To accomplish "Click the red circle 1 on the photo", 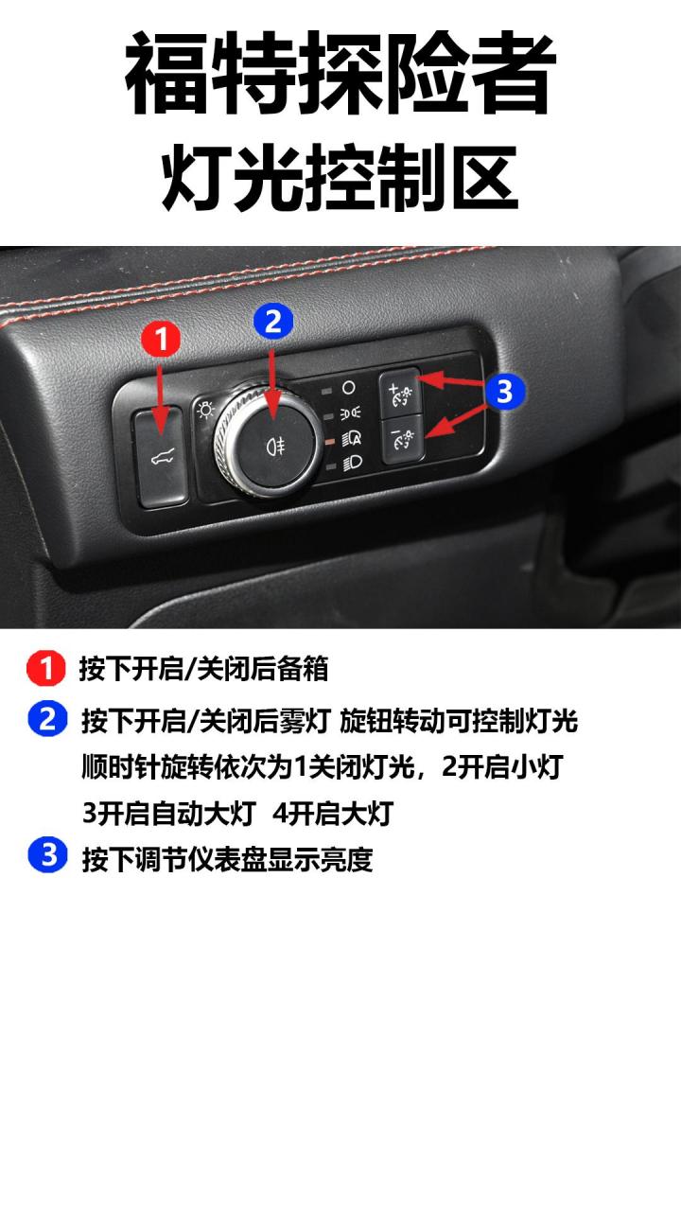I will point(161,340).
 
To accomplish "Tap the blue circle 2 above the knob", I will point(273,322).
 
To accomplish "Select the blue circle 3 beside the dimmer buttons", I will point(504,391).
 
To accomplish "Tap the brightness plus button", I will point(400,391).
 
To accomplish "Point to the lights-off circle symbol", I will point(349,388).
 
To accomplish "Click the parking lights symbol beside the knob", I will point(349,413).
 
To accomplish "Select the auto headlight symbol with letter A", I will point(350,439).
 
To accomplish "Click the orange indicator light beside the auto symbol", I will point(326,440).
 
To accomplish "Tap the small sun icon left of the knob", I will point(203,409).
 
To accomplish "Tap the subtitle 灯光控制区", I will point(340,178).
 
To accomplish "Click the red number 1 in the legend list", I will point(45,669).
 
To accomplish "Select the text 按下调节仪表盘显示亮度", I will point(227,859).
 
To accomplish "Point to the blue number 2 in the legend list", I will point(47,720).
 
